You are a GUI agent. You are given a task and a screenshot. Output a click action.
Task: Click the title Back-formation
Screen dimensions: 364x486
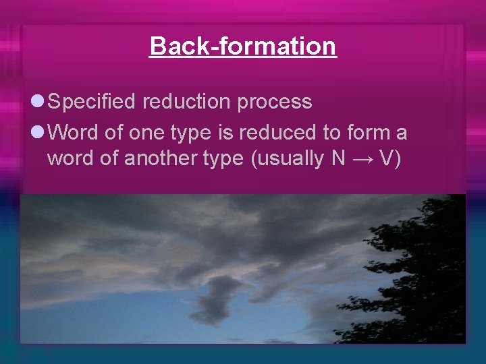coord(242,46)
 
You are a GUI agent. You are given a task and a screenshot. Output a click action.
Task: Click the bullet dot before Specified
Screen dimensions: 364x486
coord(37,102)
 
